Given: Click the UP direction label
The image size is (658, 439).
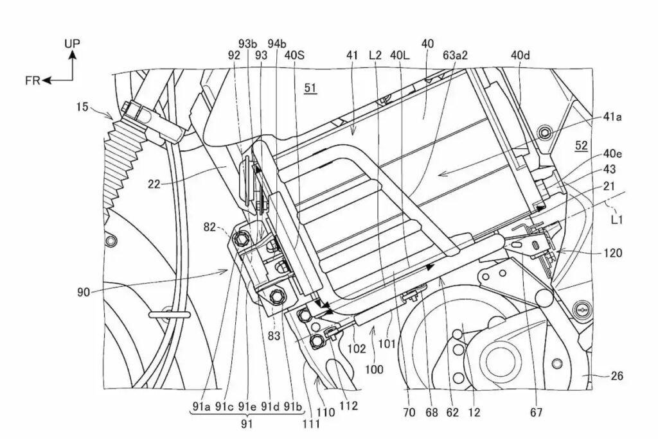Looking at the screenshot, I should click(73, 43).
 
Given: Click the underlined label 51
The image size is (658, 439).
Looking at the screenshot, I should click(310, 89).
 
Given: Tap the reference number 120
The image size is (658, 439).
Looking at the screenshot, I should click(612, 254).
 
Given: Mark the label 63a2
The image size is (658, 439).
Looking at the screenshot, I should click(455, 56).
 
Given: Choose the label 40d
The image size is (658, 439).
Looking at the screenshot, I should click(521, 56).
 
